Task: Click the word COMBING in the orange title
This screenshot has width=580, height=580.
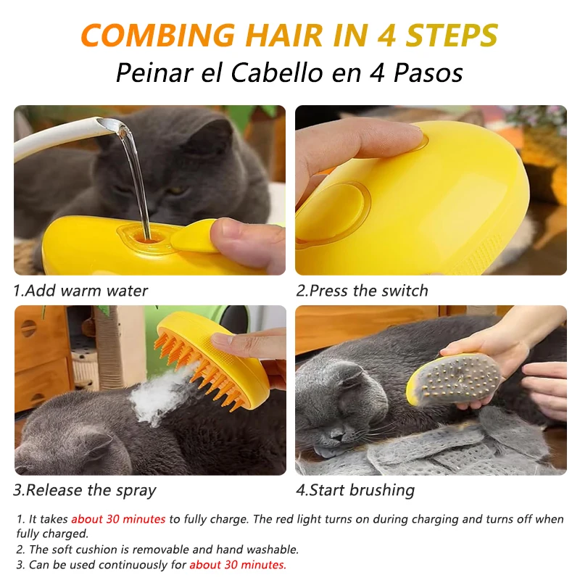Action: click(x=158, y=35)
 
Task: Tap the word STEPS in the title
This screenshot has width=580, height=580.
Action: click(x=452, y=35)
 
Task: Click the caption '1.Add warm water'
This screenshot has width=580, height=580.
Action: click(x=80, y=291)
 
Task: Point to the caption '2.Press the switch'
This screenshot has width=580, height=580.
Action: click(x=362, y=291)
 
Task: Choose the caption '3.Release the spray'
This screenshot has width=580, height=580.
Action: click(x=85, y=491)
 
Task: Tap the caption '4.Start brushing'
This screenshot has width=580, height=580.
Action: click(x=355, y=491)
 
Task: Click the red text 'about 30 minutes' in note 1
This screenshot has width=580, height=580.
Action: click(x=118, y=519)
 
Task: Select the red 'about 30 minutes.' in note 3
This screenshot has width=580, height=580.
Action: click(x=238, y=565)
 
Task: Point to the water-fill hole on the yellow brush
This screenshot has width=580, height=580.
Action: click(x=147, y=239)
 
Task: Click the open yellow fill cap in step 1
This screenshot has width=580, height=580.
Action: click(x=194, y=236)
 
